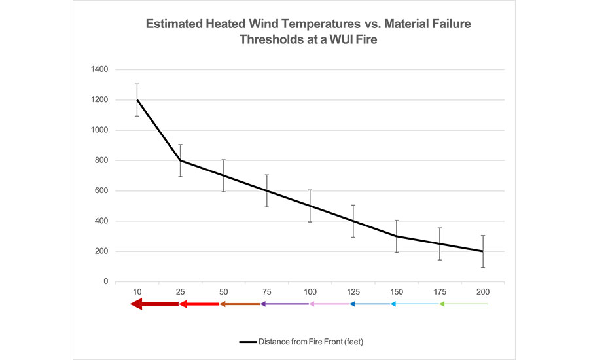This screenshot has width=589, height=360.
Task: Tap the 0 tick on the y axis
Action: [105, 281]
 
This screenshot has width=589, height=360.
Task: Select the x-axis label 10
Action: [137, 291]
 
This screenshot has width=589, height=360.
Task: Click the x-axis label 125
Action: [353, 291]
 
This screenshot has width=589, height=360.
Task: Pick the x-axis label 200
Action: [483, 291]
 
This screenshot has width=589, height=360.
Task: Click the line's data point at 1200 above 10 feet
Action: [137, 100]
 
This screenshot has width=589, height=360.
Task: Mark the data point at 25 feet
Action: [181, 160]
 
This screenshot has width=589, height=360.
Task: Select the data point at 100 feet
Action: [310, 206]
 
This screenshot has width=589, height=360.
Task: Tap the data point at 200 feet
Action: [483, 251]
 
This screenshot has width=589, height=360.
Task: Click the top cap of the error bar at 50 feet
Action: [224, 160]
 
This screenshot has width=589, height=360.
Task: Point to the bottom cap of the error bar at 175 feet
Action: [440, 260]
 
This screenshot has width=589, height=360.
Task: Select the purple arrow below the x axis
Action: [284, 304]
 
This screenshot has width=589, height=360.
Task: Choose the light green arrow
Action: [463, 304]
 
